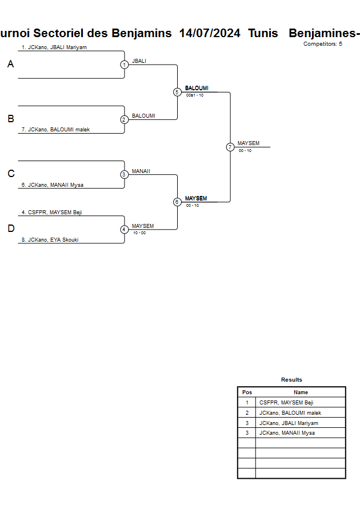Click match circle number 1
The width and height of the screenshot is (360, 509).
pos(124,65)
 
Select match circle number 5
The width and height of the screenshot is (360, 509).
pos(177,92)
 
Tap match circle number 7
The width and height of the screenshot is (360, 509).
pos(230,147)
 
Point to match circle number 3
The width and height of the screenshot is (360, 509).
pos(124,174)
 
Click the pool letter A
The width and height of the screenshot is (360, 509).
pos(10,65)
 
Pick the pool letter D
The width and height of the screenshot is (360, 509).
pos(10,229)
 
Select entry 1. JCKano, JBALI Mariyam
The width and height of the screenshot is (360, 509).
pos(54,47)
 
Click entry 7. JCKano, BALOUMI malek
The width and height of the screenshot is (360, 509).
pos(55,130)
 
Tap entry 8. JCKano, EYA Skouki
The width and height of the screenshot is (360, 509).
pos(50,240)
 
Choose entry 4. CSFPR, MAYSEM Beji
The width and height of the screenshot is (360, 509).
pos(52,212)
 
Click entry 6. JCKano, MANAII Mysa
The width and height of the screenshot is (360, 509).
pos(53,185)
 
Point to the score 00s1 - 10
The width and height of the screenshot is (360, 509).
pos(195,95)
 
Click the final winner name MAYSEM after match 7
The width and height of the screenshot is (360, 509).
pos(249,143)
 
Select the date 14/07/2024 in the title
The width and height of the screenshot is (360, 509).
pos(210,33)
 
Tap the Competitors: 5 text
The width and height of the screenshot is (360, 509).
pos(323,44)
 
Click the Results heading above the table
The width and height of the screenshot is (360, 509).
pos(291,380)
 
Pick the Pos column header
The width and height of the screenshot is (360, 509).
pos(247,392)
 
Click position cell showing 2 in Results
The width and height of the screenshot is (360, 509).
pos(247,413)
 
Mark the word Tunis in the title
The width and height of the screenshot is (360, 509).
pos(263,33)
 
